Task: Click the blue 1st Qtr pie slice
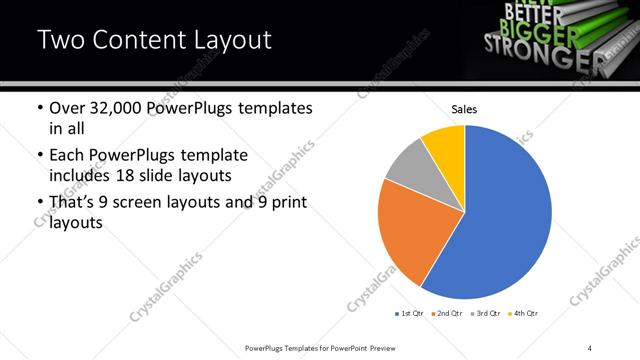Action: (505, 220)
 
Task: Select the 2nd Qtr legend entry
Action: (446, 314)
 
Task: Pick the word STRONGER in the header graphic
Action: (535, 46)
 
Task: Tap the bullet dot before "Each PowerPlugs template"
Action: (38, 157)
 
